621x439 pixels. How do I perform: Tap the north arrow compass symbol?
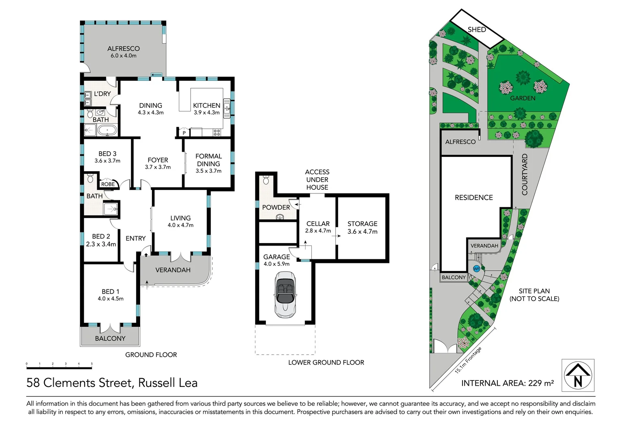click(578, 375)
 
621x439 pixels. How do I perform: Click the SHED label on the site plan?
click(477, 30)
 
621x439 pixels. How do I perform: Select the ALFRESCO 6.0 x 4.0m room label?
click(124, 52)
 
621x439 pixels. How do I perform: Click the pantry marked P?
click(184, 133)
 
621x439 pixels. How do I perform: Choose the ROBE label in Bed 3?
click(108, 184)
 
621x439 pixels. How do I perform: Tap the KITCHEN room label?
click(206, 105)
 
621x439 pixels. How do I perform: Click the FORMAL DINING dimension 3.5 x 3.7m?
click(208, 171)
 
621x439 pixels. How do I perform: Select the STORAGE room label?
click(362, 224)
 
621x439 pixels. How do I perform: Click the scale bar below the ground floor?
click(59, 368)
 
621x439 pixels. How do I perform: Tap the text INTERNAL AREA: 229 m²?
click(507, 383)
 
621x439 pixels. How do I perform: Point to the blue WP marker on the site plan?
click(476, 269)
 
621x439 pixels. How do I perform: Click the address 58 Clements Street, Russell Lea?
click(112, 382)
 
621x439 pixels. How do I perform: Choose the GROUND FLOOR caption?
click(151, 355)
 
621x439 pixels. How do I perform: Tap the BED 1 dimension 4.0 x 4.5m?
click(111, 299)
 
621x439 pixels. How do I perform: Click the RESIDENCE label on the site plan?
click(473, 198)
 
